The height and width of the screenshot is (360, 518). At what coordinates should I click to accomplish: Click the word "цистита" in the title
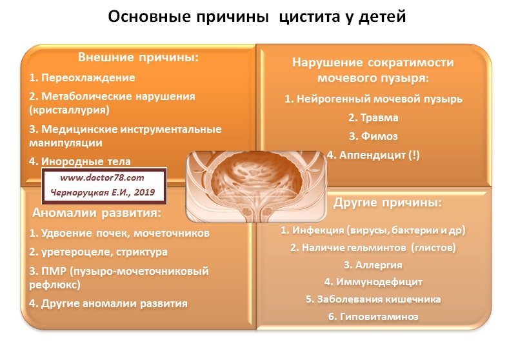[x=309, y=17]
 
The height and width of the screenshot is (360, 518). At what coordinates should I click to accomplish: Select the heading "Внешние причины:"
[x=139, y=57]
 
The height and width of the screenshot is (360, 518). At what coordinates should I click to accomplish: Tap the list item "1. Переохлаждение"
[x=82, y=77]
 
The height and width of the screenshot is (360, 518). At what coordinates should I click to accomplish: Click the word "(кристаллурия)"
[x=69, y=110]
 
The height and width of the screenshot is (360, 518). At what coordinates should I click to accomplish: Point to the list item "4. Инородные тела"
[x=79, y=161]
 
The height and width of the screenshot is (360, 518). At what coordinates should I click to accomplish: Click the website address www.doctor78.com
[x=102, y=177]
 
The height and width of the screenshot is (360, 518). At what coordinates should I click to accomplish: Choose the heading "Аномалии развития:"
[x=97, y=213]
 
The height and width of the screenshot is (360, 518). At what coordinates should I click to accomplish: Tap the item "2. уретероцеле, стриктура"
[x=98, y=252]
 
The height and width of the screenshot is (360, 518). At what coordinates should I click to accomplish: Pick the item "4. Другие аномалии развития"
[x=108, y=303]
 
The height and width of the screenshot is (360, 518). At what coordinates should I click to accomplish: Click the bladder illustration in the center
[x=256, y=186]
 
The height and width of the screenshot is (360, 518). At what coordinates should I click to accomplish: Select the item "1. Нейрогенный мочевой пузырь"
[x=374, y=99]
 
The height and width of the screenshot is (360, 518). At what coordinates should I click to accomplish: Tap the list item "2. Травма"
[x=374, y=118]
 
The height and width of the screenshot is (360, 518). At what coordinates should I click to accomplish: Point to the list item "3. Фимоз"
[x=374, y=136]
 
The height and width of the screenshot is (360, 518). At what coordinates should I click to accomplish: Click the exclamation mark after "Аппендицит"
[x=414, y=155]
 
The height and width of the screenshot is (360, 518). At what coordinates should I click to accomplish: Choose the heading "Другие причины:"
[x=387, y=203]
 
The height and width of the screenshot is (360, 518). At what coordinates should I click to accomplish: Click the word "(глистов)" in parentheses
[x=433, y=248]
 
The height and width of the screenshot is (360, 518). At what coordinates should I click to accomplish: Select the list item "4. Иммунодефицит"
[x=374, y=282]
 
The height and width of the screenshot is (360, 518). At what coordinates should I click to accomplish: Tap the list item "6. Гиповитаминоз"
[x=374, y=317]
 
